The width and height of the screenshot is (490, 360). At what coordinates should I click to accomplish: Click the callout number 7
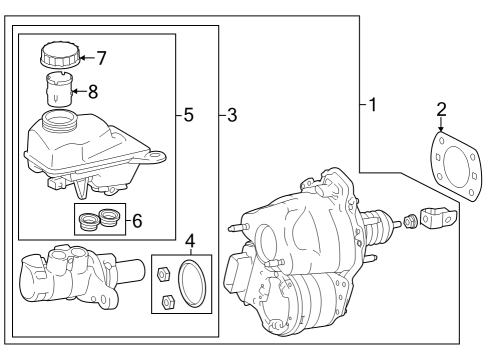click(x=101, y=58)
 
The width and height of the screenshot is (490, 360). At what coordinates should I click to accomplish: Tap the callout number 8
click(x=93, y=92)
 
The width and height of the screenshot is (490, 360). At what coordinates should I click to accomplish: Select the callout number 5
click(x=188, y=115)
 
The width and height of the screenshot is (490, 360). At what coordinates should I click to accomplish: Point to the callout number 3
click(x=232, y=115)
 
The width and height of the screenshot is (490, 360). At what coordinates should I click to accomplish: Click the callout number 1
click(x=373, y=105)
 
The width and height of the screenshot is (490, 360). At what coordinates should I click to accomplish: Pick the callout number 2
click(x=441, y=109)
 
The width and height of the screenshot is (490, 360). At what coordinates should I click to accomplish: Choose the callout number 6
click(x=137, y=221)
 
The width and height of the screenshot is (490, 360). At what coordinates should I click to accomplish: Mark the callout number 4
click(x=190, y=241)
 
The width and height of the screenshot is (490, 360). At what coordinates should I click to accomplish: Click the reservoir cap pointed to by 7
click(x=60, y=54)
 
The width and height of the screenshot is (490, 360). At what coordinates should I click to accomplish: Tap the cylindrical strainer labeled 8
click(x=59, y=89)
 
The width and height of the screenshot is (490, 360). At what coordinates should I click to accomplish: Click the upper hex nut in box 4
click(x=163, y=274)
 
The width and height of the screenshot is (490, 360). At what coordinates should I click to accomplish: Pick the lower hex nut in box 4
click(x=166, y=301)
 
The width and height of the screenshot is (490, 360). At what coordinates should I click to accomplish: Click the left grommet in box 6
click(x=89, y=222)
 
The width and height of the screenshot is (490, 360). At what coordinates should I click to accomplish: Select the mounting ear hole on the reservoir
click(x=155, y=156)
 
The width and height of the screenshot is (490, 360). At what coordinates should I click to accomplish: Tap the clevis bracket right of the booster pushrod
click(x=438, y=218)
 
